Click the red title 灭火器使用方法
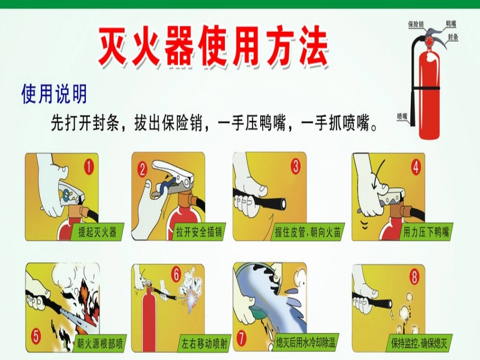click(x=213, y=47)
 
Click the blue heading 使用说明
click(x=54, y=94)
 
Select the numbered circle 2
click(x=143, y=168)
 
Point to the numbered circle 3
click(x=295, y=166)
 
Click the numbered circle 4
click(x=415, y=167)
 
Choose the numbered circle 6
click(x=176, y=275)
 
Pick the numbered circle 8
click(x=415, y=277)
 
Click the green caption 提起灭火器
click(x=97, y=232)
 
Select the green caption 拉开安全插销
click(x=198, y=232)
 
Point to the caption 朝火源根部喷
click(x=99, y=344)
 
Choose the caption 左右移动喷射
click(x=205, y=344)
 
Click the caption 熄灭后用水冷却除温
click(x=306, y=343)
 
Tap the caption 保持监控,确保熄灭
click(x=419, y=343)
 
